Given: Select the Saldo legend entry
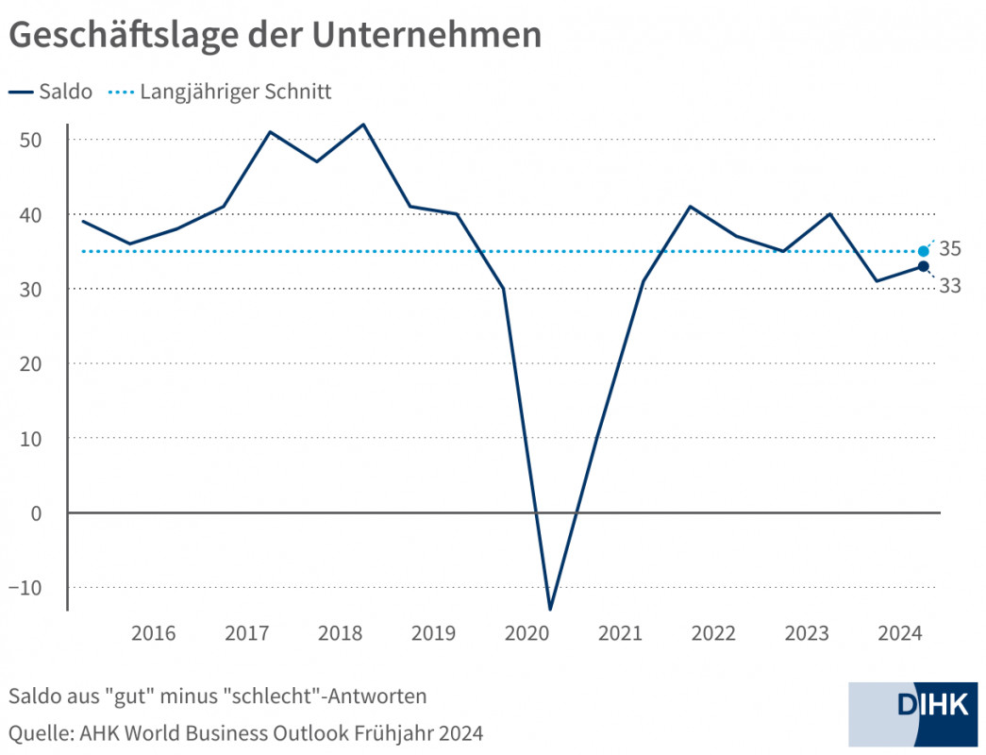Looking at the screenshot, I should [x=52, y=92].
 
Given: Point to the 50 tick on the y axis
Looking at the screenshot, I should [x=34, y=140].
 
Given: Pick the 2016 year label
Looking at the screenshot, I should [x=153, y=633].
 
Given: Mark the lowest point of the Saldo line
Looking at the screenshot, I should [x=549, y=609].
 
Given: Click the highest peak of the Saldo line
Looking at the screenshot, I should [x=363, y=125].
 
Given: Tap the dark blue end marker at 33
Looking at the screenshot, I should [x=923, y=266].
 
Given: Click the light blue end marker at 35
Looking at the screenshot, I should [x=923, y=251].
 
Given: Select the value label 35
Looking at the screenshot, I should [x=950, y=249].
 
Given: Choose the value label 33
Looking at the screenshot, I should [x=950, y=286].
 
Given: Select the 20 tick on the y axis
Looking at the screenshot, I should [x=34, y=363].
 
